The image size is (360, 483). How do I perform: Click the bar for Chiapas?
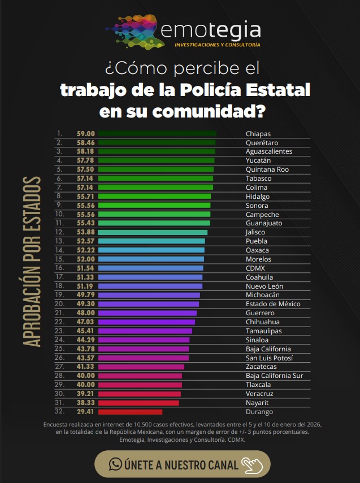[x=157, y=134]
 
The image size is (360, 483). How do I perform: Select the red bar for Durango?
[x=130, y=412]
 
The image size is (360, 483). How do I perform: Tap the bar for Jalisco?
[x=153, y=232]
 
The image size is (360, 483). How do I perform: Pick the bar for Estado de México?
[x=148, y=304]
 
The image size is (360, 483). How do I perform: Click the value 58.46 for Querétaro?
[x=85, y=143]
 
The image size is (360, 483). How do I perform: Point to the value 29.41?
[x=85, y=412]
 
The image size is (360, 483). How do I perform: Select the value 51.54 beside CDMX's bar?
[x=85, y=268]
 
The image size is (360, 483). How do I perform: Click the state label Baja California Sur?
[x=275, y=376]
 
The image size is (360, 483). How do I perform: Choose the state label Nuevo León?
[x=264, y=286]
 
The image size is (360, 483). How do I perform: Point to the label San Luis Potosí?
[x=270, y=358]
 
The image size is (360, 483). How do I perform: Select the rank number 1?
[x=58, y=134]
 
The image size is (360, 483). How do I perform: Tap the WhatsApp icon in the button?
[x=116, y=464]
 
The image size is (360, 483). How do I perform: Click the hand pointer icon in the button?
[x=252, y=464]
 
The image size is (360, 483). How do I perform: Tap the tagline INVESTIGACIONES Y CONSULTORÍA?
[x=217, y=45]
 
